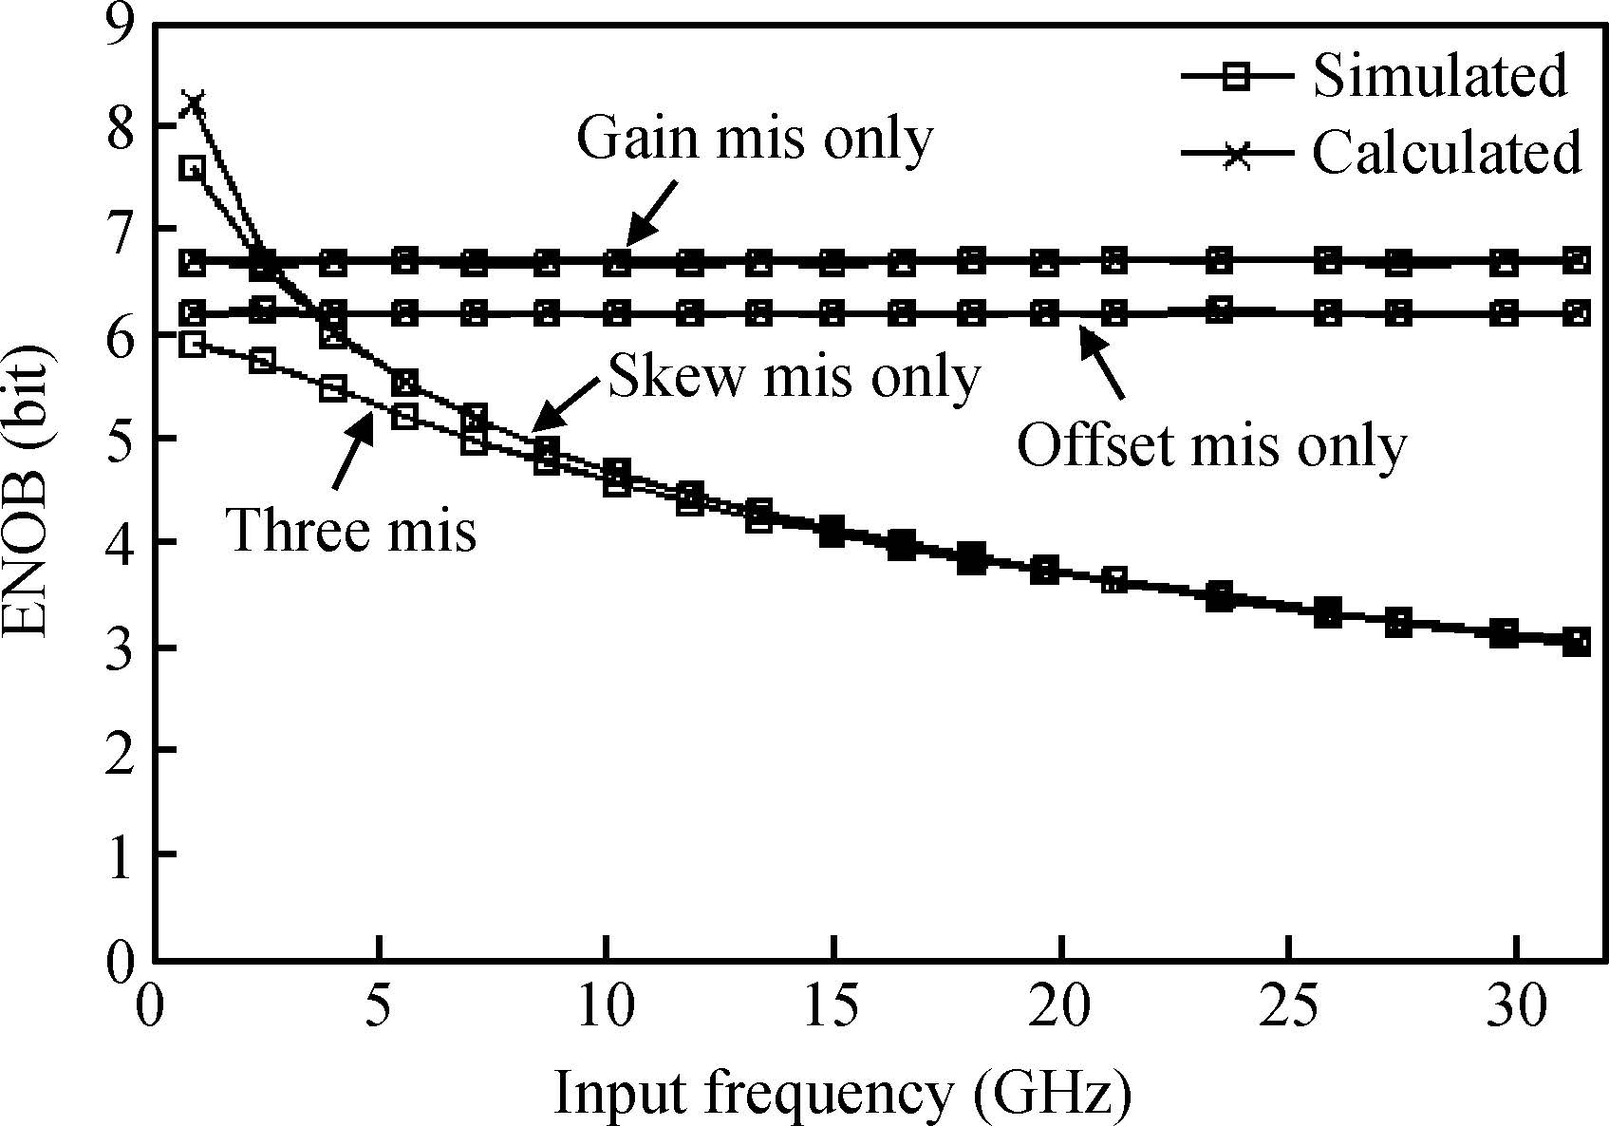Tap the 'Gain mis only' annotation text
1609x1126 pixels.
coord(755,140)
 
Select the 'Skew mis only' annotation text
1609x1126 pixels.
coord(793,376)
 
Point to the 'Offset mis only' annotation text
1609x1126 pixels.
coord(1211,445)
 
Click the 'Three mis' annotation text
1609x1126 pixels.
coord(351,529)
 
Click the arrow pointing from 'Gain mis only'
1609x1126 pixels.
coord(652,213)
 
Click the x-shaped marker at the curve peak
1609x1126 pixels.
coord(193,103)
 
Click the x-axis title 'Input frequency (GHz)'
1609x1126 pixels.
coord(842,1094)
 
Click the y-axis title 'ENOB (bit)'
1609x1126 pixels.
coord(28,494)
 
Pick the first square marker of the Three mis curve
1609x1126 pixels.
coord(193,345)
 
